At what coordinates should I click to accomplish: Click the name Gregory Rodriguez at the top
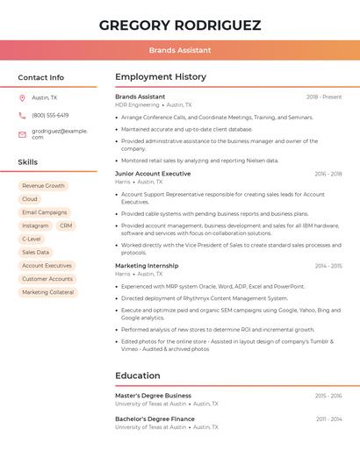coord(180,25)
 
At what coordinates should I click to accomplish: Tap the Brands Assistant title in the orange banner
coord(180,50)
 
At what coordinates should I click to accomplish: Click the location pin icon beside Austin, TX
coord(22,97)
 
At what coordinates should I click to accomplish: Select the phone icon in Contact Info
coord(22,115)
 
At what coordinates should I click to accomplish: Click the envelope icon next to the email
coord(22,134)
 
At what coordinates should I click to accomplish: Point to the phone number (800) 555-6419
coord(50,115)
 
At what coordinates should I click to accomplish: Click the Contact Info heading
coord(40,77)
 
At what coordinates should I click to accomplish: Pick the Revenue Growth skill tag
coord(43,186)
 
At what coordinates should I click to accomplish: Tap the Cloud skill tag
coord(30,199)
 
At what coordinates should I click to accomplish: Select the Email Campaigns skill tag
coord(44,212)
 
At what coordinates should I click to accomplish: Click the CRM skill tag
coord(66,225)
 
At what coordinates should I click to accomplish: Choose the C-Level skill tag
coord(32,239)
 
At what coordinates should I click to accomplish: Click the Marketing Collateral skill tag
coord(48,292)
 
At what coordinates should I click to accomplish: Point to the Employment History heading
coord(161,77)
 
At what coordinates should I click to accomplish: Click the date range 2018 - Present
coord(324,97)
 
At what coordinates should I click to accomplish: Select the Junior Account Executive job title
coord(153,174)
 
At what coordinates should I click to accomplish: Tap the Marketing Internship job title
coord(147,266)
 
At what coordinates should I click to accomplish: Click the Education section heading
coord(138,376)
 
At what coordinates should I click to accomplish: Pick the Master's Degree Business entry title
coord(153,396)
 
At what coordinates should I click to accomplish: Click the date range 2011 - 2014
coord(328,419)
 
